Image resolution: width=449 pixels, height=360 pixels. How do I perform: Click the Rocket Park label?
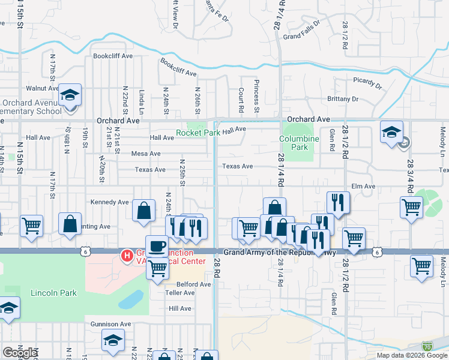[x=193, y=133]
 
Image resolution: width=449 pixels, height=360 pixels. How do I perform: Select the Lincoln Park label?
[x=53, y=293]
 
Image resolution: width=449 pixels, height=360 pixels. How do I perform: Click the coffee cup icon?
[x=157, y=247]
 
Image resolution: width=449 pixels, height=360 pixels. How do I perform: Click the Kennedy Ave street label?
[x=110, y=202]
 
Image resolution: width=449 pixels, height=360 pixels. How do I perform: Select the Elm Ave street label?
[x=363, y=187]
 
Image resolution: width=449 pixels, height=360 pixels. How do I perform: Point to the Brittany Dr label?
[x=342, y=99]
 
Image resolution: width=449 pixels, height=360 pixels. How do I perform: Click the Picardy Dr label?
[x=367, y=82]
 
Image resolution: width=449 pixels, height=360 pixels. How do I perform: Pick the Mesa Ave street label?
[x=146, y=154]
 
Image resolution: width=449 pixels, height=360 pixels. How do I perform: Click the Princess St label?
[x=256, y=96]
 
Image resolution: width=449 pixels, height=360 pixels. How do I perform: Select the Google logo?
[x=20, y=352]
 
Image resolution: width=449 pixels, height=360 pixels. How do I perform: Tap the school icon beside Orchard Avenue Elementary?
[x=70, y=95]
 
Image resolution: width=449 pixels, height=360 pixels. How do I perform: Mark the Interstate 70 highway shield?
[x=427, y=346]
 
